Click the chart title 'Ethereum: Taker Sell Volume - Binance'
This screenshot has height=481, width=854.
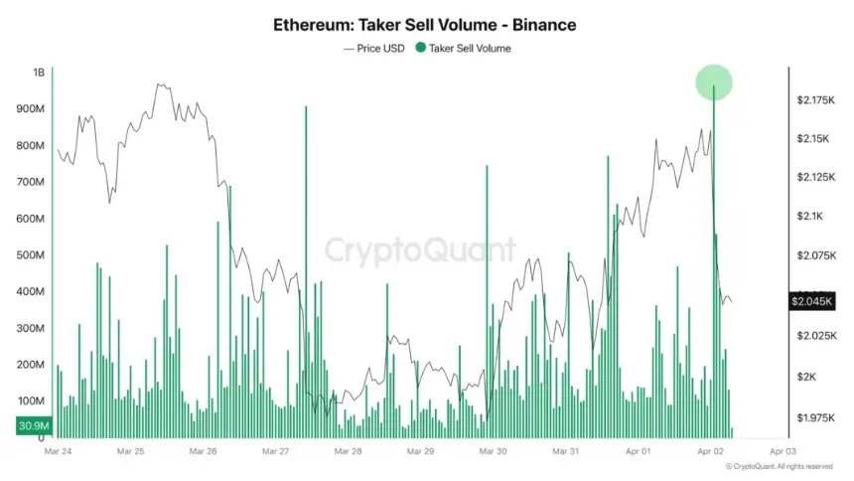pyautogui.click(x=424, y=24)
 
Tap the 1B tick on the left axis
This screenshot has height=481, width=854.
pyautogui.click(x=39, y=73)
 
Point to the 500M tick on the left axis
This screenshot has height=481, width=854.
pyautogui.click(x=32, y=255)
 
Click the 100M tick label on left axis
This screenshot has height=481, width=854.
pyautogui.click(x=32, y=401)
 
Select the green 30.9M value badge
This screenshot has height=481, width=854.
pyautogui.click(x=33, y=426)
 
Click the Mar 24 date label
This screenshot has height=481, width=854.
pyautogui.click(x=58, y=451)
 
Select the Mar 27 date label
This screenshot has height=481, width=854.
pyautogui.click(x=276, y=451)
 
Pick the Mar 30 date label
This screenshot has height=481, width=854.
pyautogui.click(x=494, y=451)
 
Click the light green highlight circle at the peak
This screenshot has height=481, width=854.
pyautogui.click(x=714, y=82)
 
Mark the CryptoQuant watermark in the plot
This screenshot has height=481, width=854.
pyautogui.click(x=422, y=249)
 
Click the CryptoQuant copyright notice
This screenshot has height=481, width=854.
pyautogui.click(x=781, y=466)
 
